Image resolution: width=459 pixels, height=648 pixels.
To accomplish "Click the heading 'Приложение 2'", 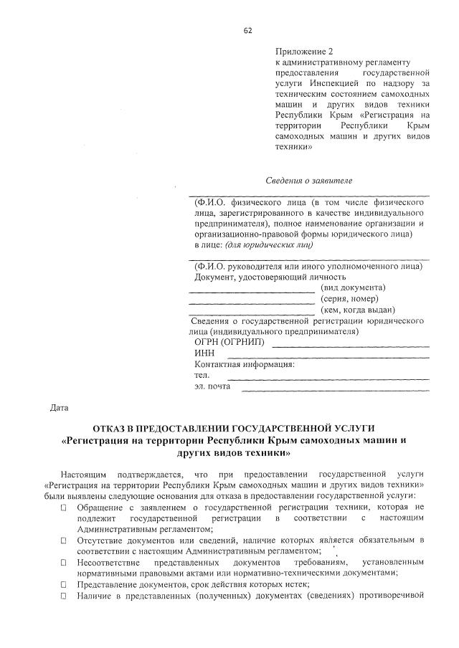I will [x=305, y=52].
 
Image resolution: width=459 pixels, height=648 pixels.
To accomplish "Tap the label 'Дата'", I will [x=58, y=409].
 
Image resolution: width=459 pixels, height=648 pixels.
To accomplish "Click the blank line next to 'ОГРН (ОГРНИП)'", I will [x=351, y=345].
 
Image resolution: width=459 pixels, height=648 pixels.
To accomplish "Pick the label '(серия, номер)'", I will [x=351, y=298].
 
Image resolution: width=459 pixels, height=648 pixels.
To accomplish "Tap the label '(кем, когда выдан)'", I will [x=359, y=310].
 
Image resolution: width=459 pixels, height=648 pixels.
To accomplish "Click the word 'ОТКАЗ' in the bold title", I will [x=104, y=427].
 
